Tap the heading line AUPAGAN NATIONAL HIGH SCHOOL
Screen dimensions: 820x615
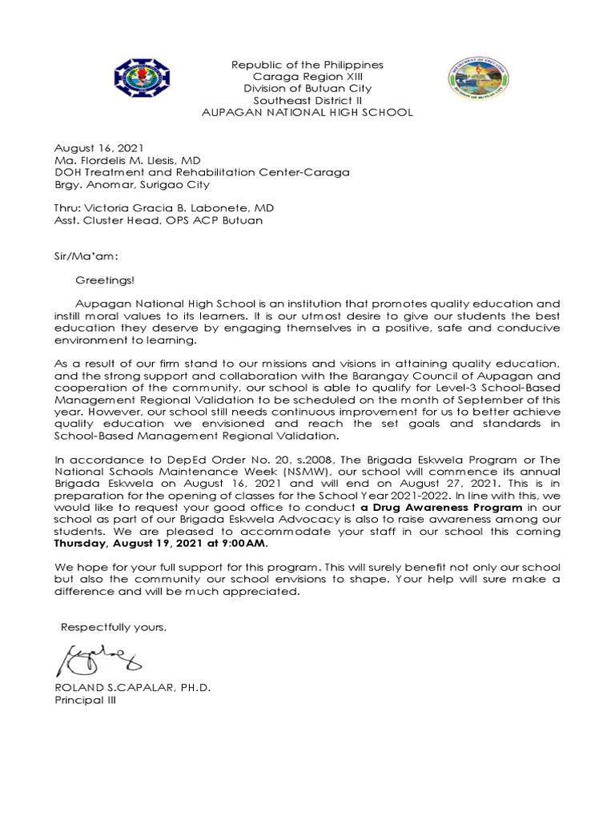click(307, 113)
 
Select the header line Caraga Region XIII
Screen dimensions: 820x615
click(307, 77)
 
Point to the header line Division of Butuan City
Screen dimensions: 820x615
click(307, 89)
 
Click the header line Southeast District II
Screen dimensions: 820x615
click(307, 101)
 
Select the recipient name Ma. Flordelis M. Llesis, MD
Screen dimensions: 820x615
click(127, 161)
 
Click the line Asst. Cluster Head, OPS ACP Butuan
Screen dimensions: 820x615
click(158, 221)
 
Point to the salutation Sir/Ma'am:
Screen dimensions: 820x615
click(86, 257)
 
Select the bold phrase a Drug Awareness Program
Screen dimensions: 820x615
click(441, 508)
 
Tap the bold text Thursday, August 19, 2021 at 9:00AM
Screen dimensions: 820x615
click(161, 543)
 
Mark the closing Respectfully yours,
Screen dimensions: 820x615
click(114, 627)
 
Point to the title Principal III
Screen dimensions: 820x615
click(85, 701)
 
